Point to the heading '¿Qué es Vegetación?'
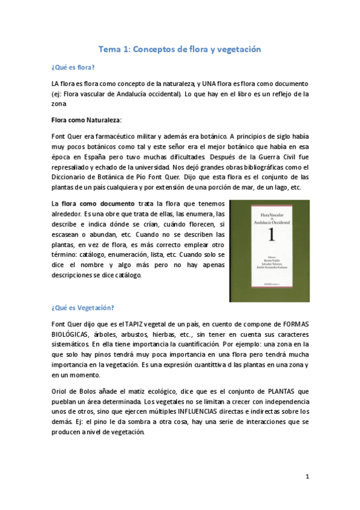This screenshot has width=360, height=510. point(83,307)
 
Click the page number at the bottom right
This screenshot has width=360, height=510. point(307,477)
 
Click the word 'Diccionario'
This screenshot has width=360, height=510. point(73,177)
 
